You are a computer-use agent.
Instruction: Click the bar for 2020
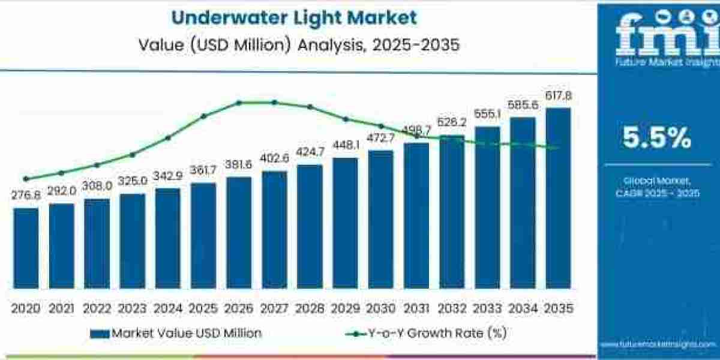pyautogui.click(x=26, y=248)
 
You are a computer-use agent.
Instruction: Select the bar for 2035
pyautogui.click(x=557, y=198)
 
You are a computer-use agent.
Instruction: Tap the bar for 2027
pyautogui.click(x=274, y=229)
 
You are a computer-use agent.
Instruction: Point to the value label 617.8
pyautogui.click(x=559, y=96)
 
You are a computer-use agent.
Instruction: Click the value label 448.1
pyautogui.click(x=345, y=146)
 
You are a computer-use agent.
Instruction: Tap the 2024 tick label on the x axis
pyautogui.click(x=168, y=308)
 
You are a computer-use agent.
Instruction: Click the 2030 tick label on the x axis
pyautogui.click(x=380, y=308)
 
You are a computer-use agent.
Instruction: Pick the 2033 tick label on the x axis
pyautogui.click(x=487, y=308)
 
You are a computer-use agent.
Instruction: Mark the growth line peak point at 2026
pyautogui.click(x=239, y=103)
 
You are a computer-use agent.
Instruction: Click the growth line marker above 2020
pyautogui.click(x=26, y=178)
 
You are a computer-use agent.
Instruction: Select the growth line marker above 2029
pyautogui.click(x=345, y=119)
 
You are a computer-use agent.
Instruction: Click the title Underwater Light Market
pyautogui.click(x=293, y=17)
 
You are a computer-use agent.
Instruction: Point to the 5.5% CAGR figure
pyautogui.click(x=656, y=139)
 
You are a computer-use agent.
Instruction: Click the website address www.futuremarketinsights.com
pyautogui.click(x=658, y=344)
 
